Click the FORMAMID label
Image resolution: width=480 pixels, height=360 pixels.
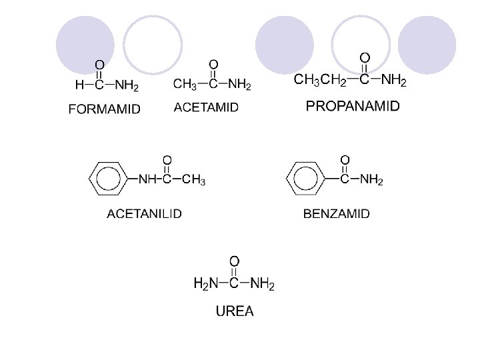tap(105, 110)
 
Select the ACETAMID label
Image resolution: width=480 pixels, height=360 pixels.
tap(206, 107)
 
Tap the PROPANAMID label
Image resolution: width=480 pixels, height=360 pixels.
tap(353, 105)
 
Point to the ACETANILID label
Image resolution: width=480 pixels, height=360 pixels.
tap(145, 213)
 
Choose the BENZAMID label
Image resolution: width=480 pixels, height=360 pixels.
tap(337, 213)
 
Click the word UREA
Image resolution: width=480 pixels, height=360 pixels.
tap(234, 311)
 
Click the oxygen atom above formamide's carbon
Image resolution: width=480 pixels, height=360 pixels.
tap(99, 65)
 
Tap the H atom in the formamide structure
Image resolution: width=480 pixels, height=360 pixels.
tap(79, 85)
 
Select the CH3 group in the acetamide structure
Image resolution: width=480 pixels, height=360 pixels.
tap(185, 85)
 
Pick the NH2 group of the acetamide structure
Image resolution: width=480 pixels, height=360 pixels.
tap(240, 85)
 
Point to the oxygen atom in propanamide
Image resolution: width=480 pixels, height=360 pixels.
tap(365, 58)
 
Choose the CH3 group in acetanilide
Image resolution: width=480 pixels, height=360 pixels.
tap(194, 179)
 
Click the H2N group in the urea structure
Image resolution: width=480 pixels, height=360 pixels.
tap(205, 283)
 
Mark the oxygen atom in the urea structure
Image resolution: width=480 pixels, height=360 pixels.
tap(234, 261)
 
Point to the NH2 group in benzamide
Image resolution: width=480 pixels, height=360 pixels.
tap(371, 180)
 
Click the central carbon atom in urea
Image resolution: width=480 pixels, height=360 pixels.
tap(234, 283)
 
